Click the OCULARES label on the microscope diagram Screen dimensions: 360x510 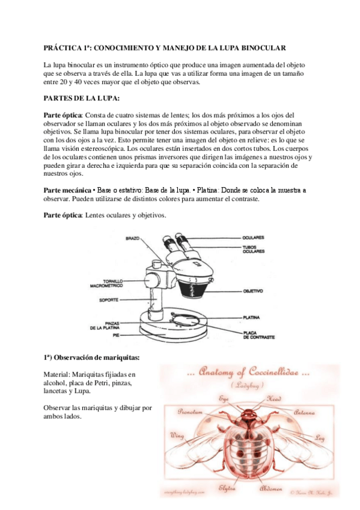(253, 238)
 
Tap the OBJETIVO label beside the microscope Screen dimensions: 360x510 (252, 291)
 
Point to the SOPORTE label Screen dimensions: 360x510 (108, 299)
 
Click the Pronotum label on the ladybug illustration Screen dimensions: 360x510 (191, 411)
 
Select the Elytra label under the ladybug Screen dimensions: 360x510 (227, 487)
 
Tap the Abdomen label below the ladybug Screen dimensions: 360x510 (270, 488)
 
